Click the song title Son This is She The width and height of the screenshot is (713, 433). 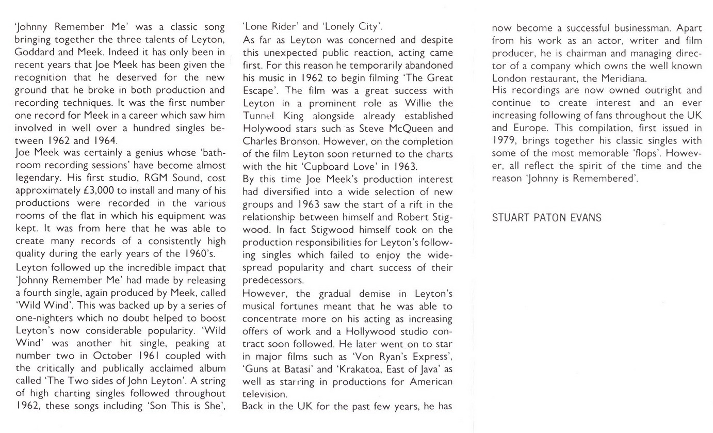tap(186, 406)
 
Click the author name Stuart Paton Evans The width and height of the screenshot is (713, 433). tap(547, 218)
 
